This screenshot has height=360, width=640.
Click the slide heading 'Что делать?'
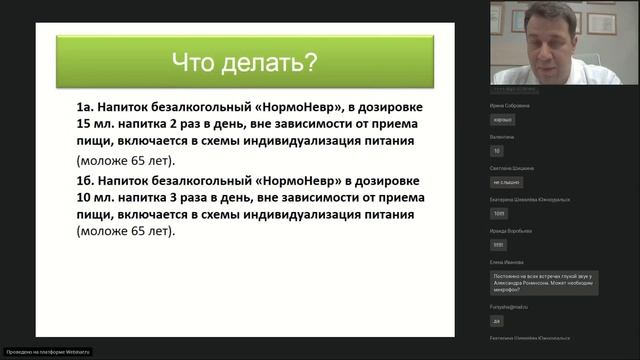coord(245,65)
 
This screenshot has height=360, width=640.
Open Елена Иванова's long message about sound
coord(543,283)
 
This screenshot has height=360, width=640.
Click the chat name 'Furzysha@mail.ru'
coord(511,307)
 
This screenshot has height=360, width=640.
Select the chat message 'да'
coord(496,321)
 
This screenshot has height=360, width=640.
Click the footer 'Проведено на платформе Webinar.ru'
coord(48,351)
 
